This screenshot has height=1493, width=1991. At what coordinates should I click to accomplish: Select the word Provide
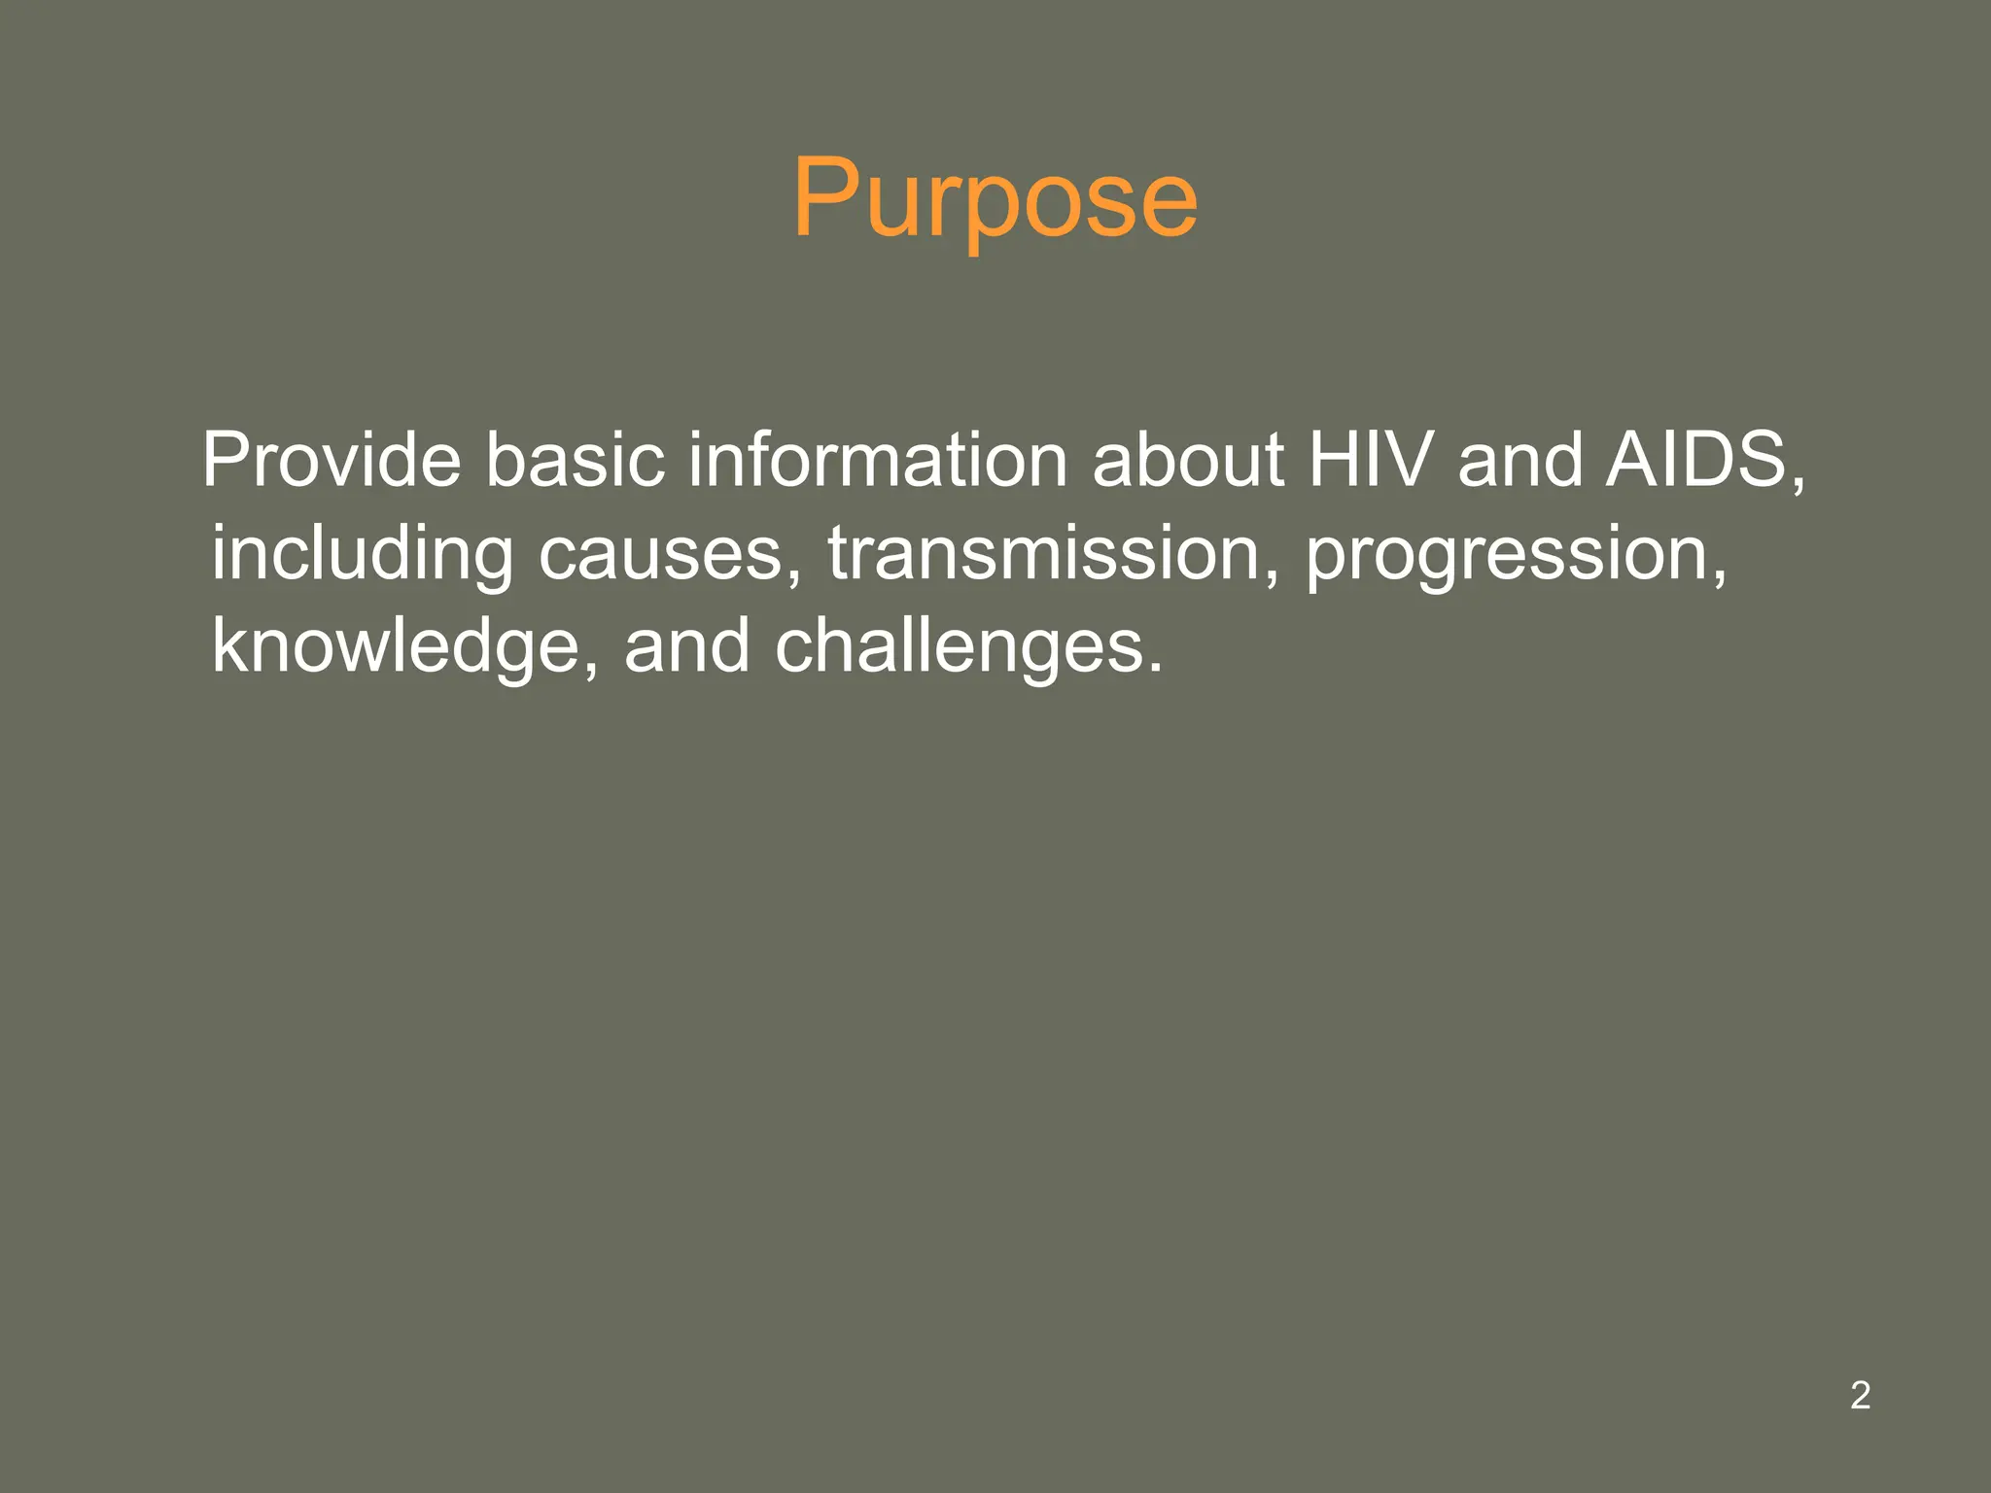[332, 460]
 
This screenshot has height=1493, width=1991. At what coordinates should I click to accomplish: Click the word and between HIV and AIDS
[1520, 460]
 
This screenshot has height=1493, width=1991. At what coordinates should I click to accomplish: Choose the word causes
[661, 554]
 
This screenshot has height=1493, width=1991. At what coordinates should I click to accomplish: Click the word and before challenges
[686, 646]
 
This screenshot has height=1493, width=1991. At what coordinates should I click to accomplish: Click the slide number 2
[1860, 1395]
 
